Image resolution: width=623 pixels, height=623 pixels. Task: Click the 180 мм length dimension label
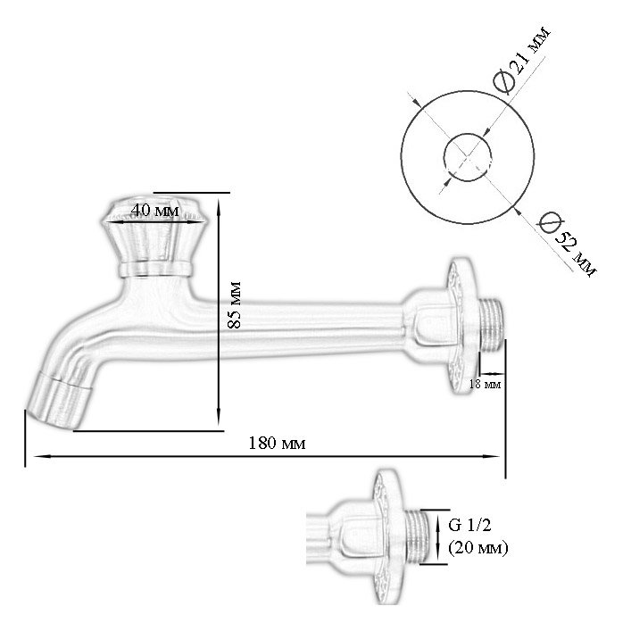[x=277, y=443]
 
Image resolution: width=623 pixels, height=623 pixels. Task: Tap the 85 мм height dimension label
[x=235, y=304]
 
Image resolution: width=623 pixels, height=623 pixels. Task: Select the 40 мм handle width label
[x=155, y=210]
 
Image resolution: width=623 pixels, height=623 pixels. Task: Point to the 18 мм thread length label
[x=486, y=384]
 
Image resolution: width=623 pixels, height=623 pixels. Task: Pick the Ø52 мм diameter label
[x=567, y=244]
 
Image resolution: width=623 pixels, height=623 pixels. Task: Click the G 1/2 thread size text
[x=469, y=525]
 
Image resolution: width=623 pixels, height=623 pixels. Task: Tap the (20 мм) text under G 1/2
[x=478, y=548]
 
